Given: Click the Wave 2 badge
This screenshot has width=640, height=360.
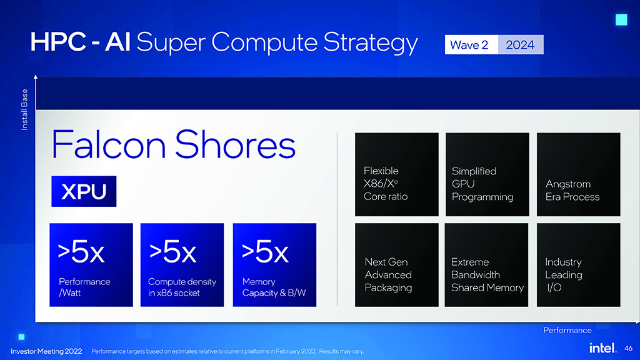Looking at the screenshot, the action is (x=471, y=44).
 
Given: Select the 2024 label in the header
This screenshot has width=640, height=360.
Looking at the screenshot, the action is (x=521, y=44).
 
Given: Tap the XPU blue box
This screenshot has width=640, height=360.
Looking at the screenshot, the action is (x=84, y=191).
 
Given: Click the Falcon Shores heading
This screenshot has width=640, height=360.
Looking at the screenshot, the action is (x=174, y=144).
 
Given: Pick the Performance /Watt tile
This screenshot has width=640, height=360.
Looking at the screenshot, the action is (x=91, y=265).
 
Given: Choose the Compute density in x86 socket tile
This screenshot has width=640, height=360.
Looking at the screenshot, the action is (x=182, y=265).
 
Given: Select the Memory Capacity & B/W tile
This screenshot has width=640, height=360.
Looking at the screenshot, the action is (x=275, y=265).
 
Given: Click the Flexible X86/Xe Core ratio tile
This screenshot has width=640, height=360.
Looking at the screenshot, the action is (x=397, y=174).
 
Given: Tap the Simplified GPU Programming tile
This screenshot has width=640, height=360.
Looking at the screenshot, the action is (x=487, y=174).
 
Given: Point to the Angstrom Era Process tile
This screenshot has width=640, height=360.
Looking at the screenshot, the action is (x=578, y=174).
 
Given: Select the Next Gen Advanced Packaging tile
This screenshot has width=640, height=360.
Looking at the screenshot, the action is (x=397, y=265).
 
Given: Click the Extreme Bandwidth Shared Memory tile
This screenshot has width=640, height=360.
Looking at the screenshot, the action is (x=486, y=265).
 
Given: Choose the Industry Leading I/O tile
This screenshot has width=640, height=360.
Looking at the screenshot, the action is (x=578, y=265).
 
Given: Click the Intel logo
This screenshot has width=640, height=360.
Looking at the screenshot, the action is (x=603, y=347).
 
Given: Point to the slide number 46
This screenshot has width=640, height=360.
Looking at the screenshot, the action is (x=629, y=349).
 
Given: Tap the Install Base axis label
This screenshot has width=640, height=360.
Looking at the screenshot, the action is (x=24, y=110).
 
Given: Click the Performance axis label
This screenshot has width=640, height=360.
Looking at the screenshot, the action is (x=567, y=330).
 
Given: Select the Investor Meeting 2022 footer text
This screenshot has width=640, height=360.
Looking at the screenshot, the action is (x=46, y=351).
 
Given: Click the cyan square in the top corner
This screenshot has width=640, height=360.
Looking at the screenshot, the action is (x=621, y=19).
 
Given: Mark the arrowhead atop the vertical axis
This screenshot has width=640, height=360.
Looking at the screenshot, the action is (x=36, y=77).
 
